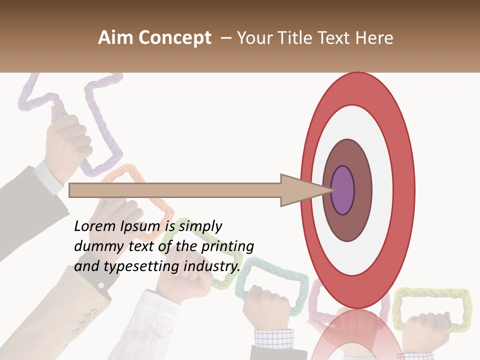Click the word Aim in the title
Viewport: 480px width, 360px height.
(116, 38)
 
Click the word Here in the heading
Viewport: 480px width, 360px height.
(375, 38)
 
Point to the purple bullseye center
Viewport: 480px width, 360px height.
(342, 190)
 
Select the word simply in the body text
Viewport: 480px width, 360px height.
(200, 226)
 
